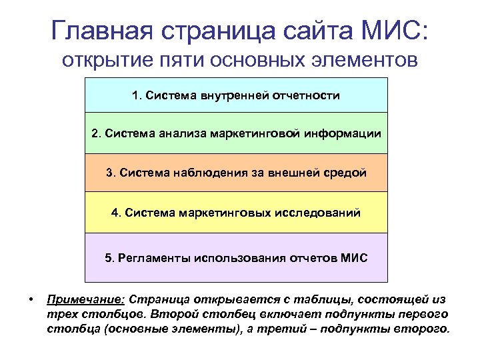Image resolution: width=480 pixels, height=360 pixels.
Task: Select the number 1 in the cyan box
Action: [x=136, y=95]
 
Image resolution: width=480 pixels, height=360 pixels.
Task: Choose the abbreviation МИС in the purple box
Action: [x=354, y=257]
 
